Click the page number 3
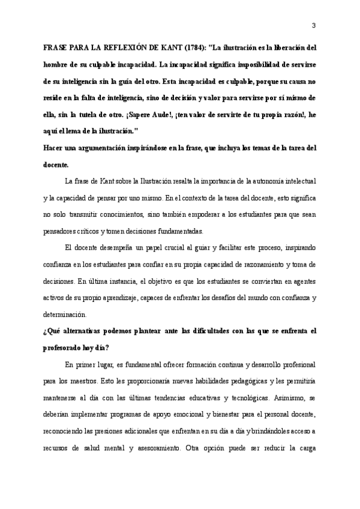314,25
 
